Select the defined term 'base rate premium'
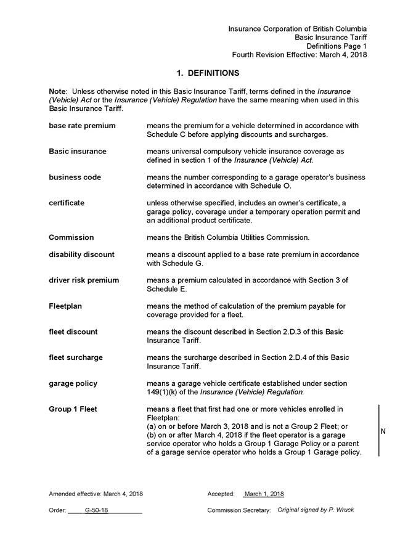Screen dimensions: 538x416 (x=82, y=126)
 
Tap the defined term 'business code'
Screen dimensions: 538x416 (x=75, y=177)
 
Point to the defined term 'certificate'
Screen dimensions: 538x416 (x=67, y=203)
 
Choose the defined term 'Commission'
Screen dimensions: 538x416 (x=71, y=237)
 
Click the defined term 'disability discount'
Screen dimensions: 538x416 (x=81, y=255)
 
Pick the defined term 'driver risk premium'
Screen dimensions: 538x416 (x=84, y=280)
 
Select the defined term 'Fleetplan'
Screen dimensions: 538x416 (x=65, y=306)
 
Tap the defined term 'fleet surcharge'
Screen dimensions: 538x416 (x=76, y=357)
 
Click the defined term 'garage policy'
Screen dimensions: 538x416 (x=73, y=383)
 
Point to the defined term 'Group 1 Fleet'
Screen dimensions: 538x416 (x=73, y=409)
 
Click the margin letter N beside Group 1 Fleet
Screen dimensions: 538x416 (x=383, y=431)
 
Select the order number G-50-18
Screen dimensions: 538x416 (x=97, y=510)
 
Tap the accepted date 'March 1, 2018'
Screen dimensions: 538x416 (x=264, y=494)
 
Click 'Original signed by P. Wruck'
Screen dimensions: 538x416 (x=316, y=510)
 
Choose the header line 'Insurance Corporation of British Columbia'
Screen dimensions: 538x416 (x=298, y=29)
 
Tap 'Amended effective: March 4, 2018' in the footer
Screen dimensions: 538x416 (x=96, y=494)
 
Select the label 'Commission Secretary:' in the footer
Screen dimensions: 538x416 (x=239, y=510)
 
